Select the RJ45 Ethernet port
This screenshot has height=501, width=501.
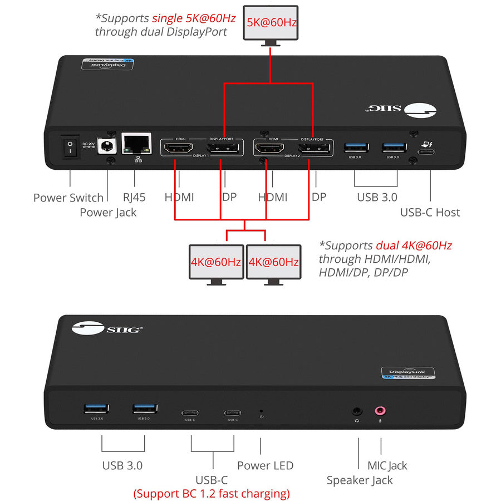136,145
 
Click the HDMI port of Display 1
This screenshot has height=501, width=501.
178,149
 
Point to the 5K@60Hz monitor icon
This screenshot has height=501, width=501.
271,23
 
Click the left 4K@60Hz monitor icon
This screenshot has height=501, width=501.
216,262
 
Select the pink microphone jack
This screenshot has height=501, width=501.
381,411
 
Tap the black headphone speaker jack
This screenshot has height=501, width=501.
357,412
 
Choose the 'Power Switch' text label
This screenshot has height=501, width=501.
68,198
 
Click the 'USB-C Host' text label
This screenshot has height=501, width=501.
430,212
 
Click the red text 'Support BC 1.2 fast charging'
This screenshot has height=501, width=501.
212,493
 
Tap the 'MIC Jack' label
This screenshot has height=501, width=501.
387,465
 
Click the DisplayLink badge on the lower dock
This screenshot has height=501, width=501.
407,373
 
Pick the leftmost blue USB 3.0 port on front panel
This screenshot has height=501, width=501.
92,409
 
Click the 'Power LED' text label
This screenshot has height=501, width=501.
265,465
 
